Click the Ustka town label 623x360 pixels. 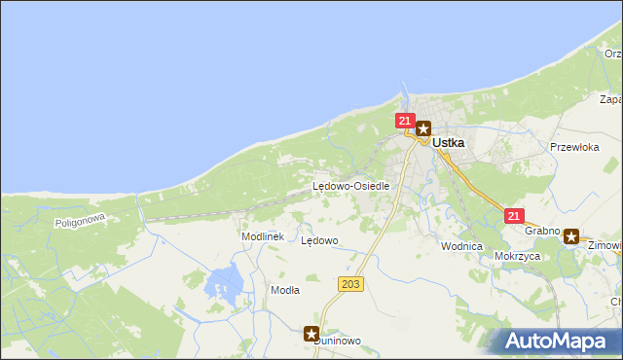coord(448,142)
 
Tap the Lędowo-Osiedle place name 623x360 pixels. coord(350,186)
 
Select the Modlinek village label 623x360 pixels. coord(262,236)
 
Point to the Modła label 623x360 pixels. coord(285,290)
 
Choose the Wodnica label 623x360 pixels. coord(461,246)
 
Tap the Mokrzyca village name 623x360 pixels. coord(517,257)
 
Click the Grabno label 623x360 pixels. coord(541,232)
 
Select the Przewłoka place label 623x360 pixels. coord(573,148)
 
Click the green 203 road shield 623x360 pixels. coord(351,284)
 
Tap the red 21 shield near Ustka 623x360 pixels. coord(405,121)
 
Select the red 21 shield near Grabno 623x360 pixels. coord(514,216)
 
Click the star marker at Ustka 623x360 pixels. coord(423,127)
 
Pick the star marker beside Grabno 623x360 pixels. coord(571,235)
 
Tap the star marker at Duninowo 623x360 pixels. coord(311,334)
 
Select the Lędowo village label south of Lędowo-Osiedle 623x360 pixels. coord(319,240)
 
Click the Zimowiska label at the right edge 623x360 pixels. coord(605,246)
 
